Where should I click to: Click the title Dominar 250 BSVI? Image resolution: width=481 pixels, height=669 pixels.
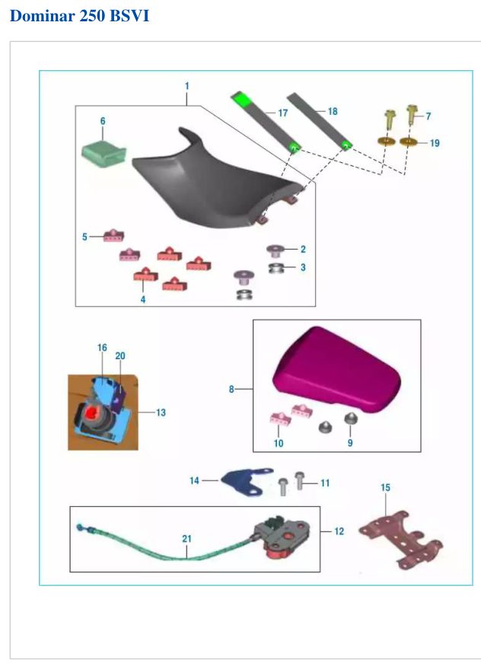79,16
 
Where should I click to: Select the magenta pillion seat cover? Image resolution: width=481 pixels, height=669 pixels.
336,369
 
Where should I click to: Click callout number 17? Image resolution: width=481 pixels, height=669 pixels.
282,113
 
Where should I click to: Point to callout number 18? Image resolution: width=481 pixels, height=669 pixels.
333,111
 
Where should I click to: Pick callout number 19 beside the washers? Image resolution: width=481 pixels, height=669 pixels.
435,143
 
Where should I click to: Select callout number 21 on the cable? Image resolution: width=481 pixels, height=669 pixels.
187,539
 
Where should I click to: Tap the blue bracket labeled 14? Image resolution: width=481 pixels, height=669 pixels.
247,481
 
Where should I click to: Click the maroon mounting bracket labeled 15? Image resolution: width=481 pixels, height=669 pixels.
401,539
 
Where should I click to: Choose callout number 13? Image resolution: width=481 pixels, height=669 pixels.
161,413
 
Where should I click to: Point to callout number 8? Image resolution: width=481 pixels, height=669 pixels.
231,389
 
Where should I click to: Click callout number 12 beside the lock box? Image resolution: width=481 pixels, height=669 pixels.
339,531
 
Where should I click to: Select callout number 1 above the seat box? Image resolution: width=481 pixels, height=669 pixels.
187,86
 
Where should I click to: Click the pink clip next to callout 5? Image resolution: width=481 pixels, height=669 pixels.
113,235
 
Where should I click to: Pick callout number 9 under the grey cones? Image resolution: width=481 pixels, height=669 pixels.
350,443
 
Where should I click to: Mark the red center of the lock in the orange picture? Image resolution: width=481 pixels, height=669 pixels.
93,412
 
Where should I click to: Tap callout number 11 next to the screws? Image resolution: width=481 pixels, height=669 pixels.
325,483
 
